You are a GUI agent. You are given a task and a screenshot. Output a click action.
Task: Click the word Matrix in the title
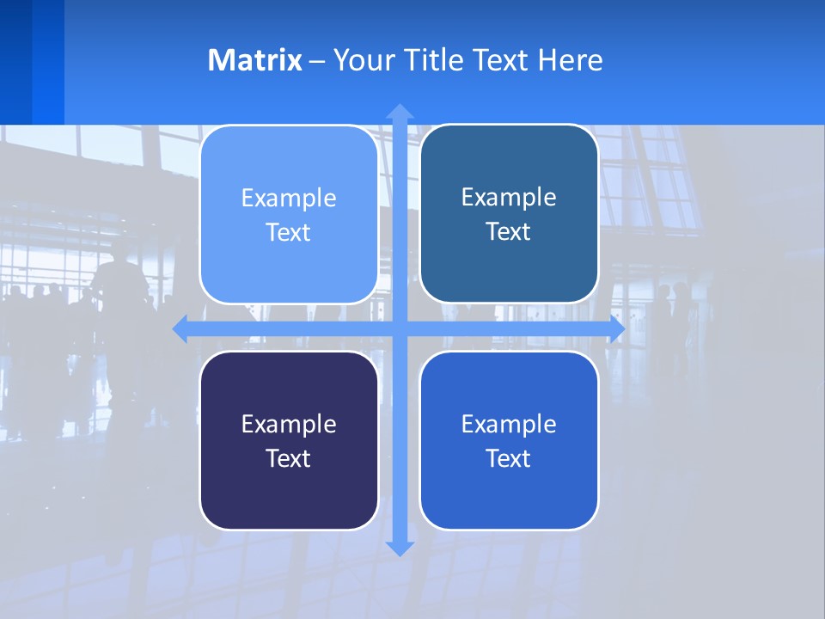pyautogui.click(x=255, y=60)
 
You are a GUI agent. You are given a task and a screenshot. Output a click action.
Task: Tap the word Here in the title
pyautogui.click(x=571, y=60)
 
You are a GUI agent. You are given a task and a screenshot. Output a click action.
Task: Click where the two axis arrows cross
pyautogui.click(x=400, y=329)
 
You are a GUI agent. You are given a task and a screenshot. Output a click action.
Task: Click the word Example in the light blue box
pyautogui.click(x=289, y=199)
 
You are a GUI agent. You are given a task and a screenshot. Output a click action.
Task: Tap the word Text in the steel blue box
pyautogui.click(x=509, y=232)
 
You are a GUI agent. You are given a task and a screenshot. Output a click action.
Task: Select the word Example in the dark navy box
pyautogui.click(x=289, y=425)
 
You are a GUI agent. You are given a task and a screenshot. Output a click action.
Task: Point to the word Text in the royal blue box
pyautogui.click(x=509, y=458)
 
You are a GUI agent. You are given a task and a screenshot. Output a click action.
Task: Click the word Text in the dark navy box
pyautogui.click(x=289, y=458)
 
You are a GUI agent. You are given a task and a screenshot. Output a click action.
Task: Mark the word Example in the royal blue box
pyautogui.click(x=509, y=425)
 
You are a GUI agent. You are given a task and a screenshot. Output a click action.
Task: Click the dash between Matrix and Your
pyautogui.click(x=317, y=62)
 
